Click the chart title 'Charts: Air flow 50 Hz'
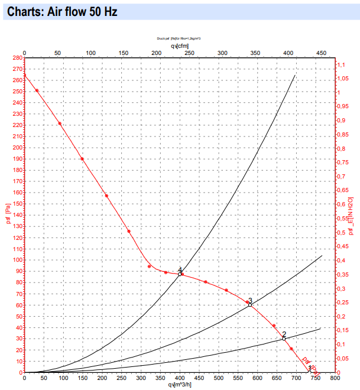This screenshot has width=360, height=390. tap(62, 12)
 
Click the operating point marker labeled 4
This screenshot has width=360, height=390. tap(180, 274)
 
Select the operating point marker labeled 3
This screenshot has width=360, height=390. tap(249, 305)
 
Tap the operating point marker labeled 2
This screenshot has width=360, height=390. tap(284, 338)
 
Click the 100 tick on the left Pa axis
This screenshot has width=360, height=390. tap(15, 260)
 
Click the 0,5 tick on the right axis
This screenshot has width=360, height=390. tap(343, 232)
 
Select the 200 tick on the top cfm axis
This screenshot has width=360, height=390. tap(156, 54)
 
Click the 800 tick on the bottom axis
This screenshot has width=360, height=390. tap(335, 378)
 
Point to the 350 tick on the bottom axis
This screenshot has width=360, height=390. tap(160, 378)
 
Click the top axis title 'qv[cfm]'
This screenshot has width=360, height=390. tap(180, 45)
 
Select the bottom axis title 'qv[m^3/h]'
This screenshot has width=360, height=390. tap(180, 385)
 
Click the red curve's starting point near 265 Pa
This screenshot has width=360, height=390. tap(24, 75)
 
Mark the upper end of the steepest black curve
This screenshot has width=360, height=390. tap(295, 75)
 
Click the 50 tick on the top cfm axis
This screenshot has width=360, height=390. tap(57, 54)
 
